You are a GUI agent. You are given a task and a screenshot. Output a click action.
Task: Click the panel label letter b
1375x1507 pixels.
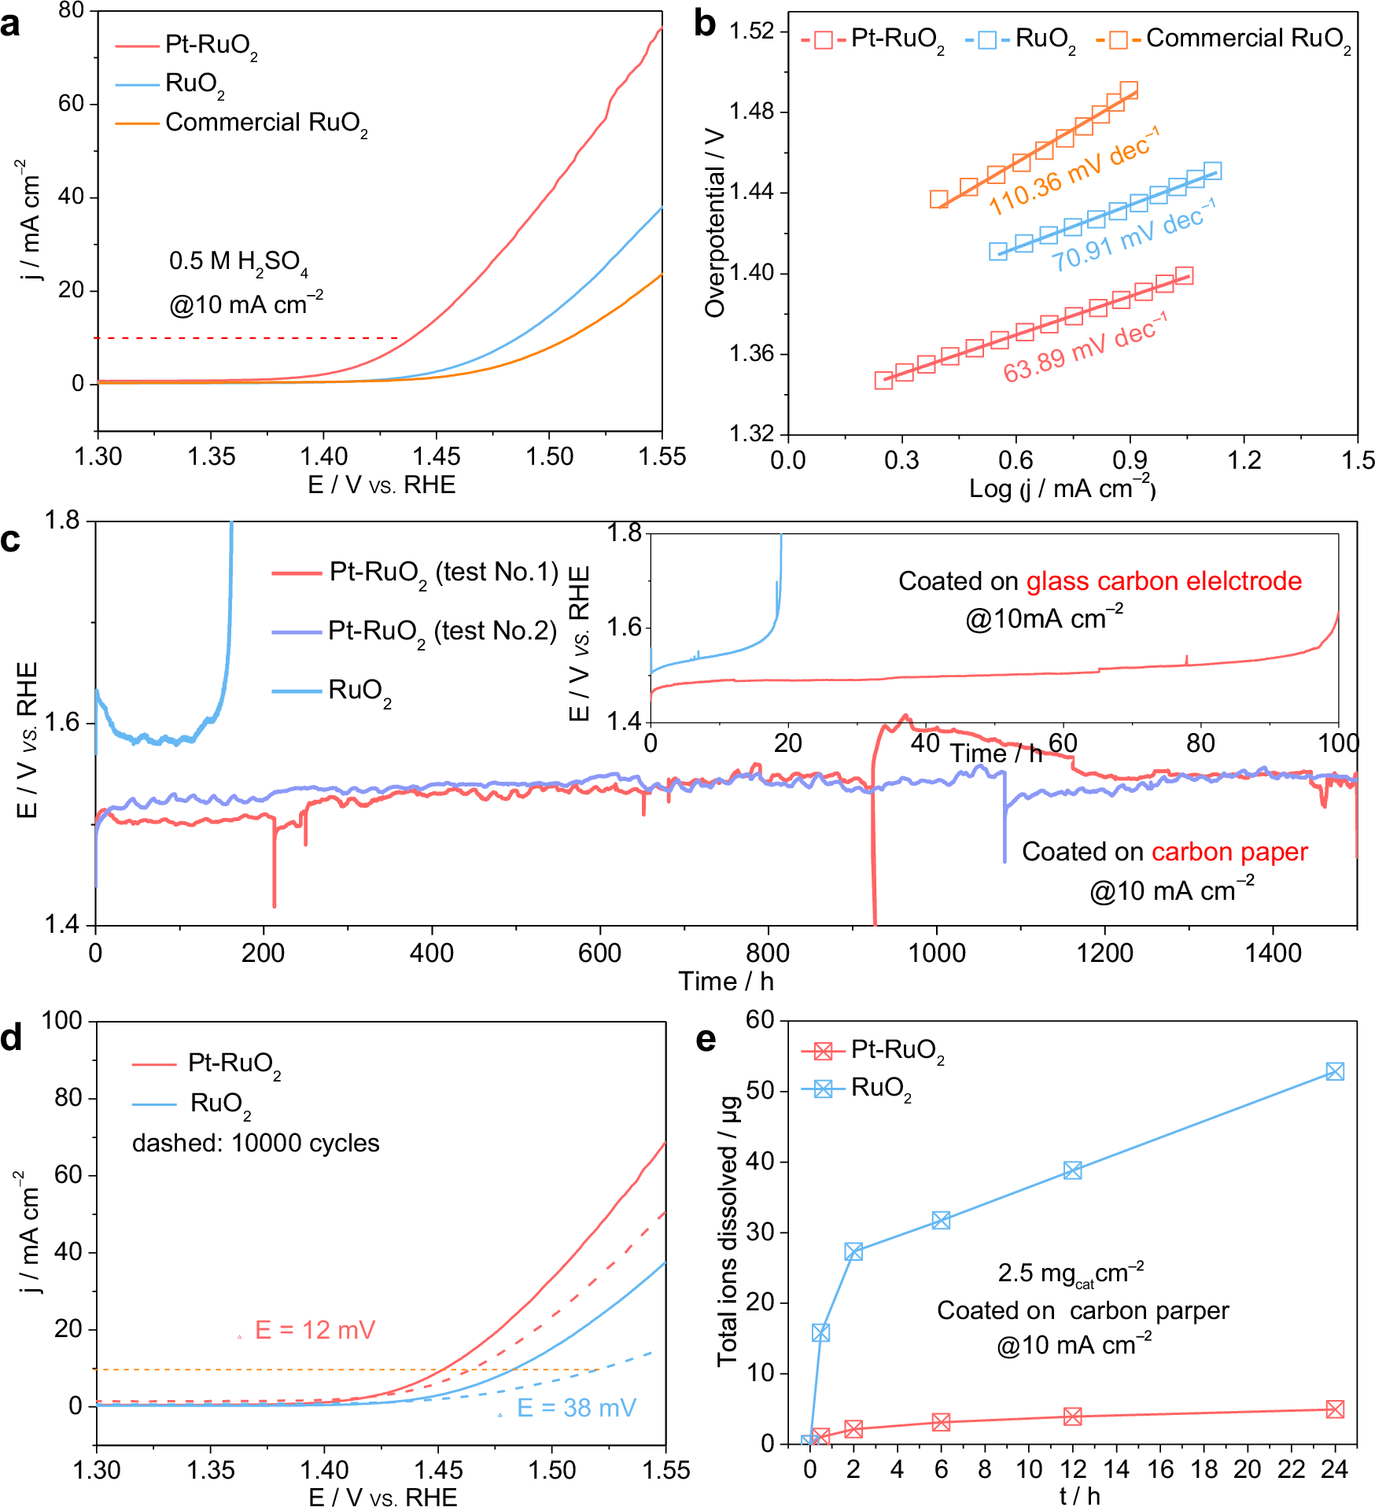coord(705,25)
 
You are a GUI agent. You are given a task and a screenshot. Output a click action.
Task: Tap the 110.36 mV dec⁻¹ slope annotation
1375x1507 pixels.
coord(1073,172)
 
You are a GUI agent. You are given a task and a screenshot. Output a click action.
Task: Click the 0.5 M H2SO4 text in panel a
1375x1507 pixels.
coord(238,262)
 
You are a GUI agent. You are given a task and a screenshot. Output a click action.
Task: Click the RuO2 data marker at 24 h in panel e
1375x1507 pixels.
coord(1334,1071)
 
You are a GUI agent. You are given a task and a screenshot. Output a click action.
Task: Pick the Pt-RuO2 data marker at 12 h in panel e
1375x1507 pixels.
coord(1072,1417)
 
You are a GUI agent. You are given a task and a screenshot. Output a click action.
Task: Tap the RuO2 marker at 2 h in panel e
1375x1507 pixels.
coord(853,1251)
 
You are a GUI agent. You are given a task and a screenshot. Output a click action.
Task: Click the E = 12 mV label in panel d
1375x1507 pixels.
coord(315,1330)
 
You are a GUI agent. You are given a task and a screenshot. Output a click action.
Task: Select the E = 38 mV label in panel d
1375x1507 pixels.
coord(576,1408)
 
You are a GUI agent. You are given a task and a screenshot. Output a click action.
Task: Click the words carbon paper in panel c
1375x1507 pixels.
coord(1229,852)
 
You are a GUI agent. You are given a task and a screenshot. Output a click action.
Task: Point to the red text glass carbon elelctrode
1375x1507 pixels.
coord(1163,581)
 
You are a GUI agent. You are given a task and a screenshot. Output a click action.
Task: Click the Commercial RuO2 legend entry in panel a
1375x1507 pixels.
coord(266,123)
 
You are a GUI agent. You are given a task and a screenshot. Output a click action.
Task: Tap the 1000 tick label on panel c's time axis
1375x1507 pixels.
coord(936,953)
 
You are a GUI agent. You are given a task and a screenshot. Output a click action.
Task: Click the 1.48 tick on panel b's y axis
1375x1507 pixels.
coord(751,112)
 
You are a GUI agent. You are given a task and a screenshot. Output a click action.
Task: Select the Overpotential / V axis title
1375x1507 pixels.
coord(714,223)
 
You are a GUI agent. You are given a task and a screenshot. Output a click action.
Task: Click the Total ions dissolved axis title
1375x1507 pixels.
coord(728,1231)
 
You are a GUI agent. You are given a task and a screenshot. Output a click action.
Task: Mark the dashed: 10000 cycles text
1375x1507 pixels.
coord(256,1143)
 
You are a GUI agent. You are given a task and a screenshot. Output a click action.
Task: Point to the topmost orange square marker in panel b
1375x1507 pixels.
coord(1129,90)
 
